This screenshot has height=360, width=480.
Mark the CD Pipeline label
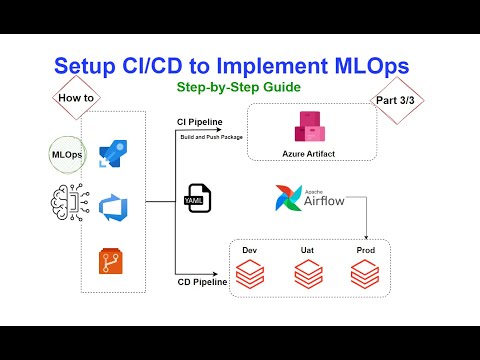pyautogui.click(x=202, y=283)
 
